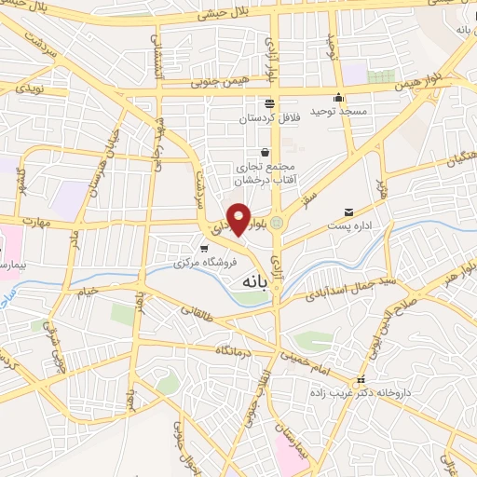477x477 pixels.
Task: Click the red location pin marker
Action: click(239, 218)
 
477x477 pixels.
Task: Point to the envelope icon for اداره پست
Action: click(349, 213)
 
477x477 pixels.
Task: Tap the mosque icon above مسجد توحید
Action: click(338, 98)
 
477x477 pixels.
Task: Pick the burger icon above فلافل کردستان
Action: click(269, 103)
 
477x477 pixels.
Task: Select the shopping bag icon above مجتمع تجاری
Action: click(266, 152)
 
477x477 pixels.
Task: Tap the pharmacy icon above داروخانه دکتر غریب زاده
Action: click(361, 380)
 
